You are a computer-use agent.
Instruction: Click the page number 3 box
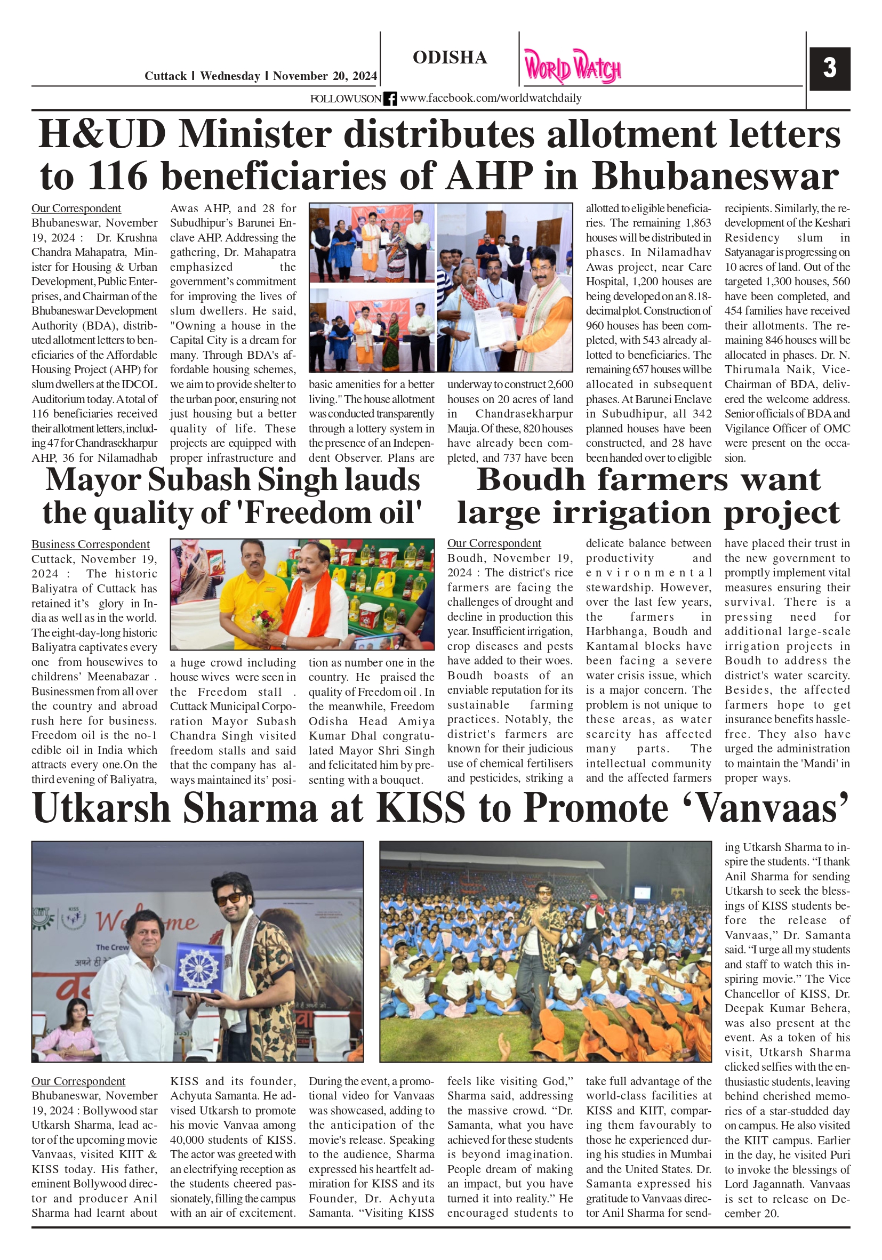click(x=829, y=69)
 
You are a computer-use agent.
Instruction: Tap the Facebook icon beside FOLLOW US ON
click(x=390, y=99)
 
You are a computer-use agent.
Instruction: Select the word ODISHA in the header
click(x=450, y=58)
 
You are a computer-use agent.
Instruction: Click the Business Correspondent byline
click(x=90, y=544)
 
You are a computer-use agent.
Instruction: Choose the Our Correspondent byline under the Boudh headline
click(x=494, y=543)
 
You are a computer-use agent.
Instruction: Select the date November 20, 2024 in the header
click(x=325, y=76)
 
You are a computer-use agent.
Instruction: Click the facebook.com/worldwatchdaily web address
click(x=490, y=98)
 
